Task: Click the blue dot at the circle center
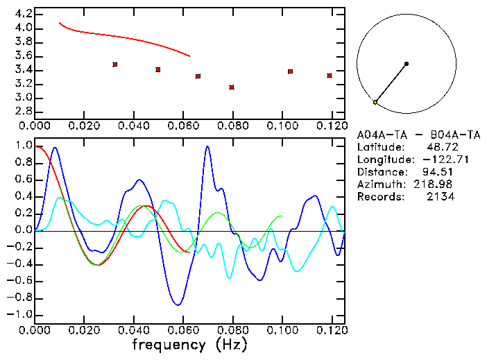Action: point(406,64)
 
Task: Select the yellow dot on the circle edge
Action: point(375,102)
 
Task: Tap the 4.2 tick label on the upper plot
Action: point(23,14)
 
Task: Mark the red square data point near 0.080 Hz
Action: point(232,87)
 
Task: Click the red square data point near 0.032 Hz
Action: point(115,65)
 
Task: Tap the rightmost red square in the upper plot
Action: point(330,75)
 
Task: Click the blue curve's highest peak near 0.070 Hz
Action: point(207,146)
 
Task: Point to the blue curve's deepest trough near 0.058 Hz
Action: point(178,305)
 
